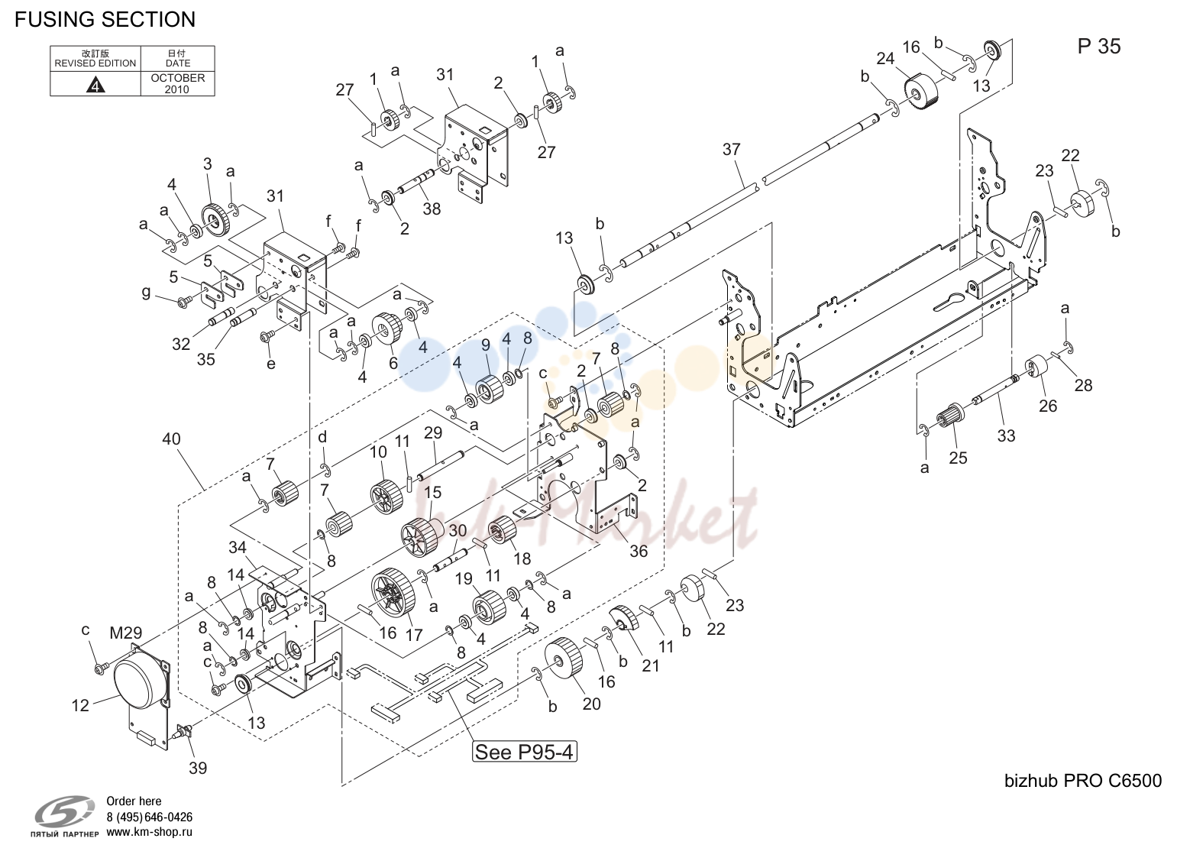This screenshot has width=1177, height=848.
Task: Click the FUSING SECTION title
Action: pos(105,19)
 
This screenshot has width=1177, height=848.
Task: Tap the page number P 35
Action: pos(1098,47)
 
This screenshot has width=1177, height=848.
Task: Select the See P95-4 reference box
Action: pos(524,752)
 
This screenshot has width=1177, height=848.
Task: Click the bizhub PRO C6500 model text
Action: pos(1083,781)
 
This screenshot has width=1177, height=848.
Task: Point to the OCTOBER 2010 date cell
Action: pos(178,83)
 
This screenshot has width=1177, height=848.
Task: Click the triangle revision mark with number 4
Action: pos(95,85)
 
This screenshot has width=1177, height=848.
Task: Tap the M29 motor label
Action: pos(125,633)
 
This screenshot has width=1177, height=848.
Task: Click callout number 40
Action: pos(171,439)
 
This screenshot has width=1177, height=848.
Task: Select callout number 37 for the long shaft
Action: pos(731,149)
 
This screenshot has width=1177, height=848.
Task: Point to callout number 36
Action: pos(639,551)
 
